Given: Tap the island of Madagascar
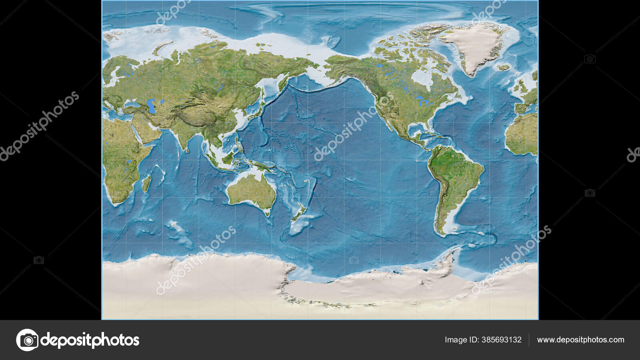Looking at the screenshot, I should click(x=147, y=183).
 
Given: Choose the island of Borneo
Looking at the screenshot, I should click(x=228, y=158).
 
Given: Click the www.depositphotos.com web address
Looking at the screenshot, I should click(x=580, y=340).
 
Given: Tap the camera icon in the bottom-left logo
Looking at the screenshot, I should click(x=28, y=340).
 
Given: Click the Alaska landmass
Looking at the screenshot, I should click(x=344, y=66).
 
